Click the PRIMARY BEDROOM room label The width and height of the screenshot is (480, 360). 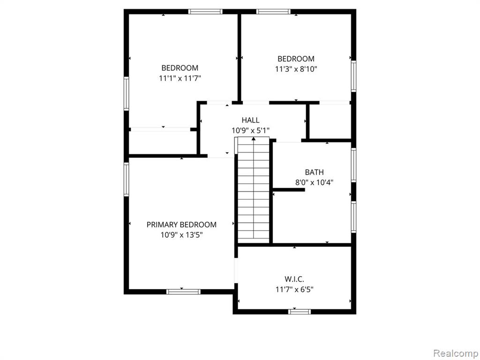pos(181,225)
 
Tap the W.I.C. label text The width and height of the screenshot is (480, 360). pos(294,279)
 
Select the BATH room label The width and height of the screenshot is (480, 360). pos(314,172)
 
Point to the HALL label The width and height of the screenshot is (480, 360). pos(250,120)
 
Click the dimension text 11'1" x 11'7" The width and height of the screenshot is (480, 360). pos(180,78)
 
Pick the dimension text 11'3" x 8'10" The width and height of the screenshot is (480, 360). pos(296,69)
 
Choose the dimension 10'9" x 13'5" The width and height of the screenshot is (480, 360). pos(181,235)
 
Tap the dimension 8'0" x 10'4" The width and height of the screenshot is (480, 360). pos(314,183)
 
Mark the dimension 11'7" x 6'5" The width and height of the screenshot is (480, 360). pos(294,290)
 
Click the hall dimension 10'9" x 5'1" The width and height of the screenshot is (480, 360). pos(250,131)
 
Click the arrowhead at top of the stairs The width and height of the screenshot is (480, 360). pos(254,139)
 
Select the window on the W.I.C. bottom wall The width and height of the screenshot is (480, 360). pos(300,312)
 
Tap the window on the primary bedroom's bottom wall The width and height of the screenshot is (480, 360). pos(183,292)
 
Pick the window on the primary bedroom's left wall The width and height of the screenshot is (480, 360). pos(126,180)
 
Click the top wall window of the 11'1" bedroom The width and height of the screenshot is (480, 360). pos(205,12)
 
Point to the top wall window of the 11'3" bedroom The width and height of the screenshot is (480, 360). pos(273,12)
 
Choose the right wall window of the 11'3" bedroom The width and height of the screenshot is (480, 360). pos(353,76)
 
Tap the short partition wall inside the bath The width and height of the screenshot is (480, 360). pos(289,190)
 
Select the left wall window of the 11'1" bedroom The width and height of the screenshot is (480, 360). pos(126,94)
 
